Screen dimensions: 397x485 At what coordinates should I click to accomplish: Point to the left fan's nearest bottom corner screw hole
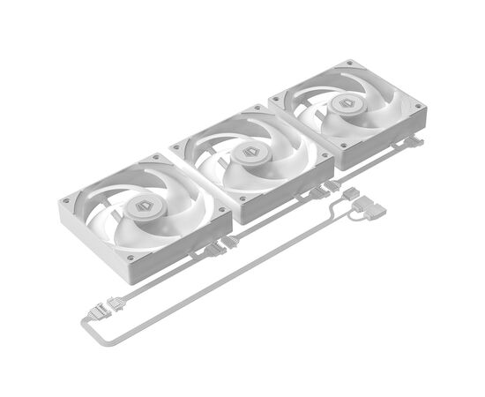[x=131, y=258]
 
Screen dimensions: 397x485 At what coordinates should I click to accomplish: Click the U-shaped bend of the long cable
[x=89, y=334]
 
